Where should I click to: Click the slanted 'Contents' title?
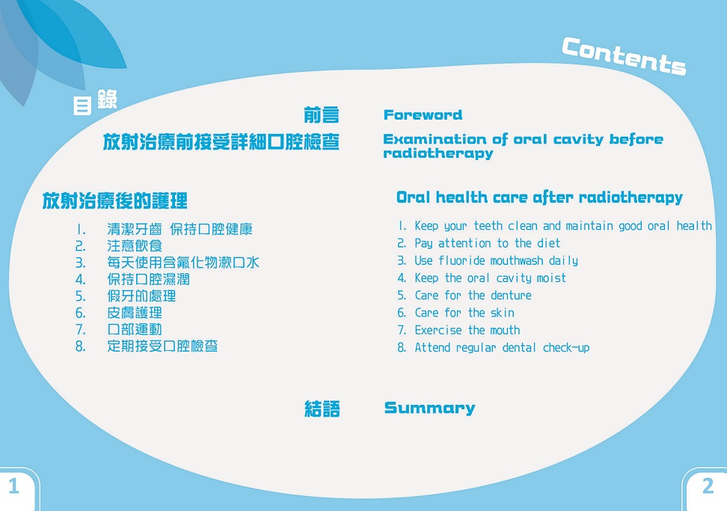(x=623, y=55)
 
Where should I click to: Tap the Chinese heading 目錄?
(x=94, y=102)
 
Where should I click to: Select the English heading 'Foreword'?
(x=423, y=115)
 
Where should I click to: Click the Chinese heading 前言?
(x=321, y=115)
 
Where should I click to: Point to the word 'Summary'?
(x=429, y=408)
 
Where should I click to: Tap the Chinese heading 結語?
(x=322, y=409)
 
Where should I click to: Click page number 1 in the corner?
(x=13, y=486)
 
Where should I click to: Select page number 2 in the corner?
(x=708, y=486)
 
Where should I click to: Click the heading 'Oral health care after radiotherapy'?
(x=539, y=198)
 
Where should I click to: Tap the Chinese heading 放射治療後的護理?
(x=114, y=201)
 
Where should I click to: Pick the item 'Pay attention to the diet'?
(x=487, y=243)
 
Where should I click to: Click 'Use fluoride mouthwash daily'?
(x=496, y=260)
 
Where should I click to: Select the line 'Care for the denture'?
(x=473, y=296)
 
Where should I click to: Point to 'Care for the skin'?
(x=464, y=313)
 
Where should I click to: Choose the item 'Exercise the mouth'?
(x=467, y=330)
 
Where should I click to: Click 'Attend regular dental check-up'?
(x=502, y=347)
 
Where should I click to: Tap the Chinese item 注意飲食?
(x=135, y=245)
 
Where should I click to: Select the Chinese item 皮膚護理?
(x=135, y=313)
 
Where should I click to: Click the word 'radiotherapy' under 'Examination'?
(x=438, y=153)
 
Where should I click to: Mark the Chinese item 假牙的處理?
(x=141, y=296)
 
